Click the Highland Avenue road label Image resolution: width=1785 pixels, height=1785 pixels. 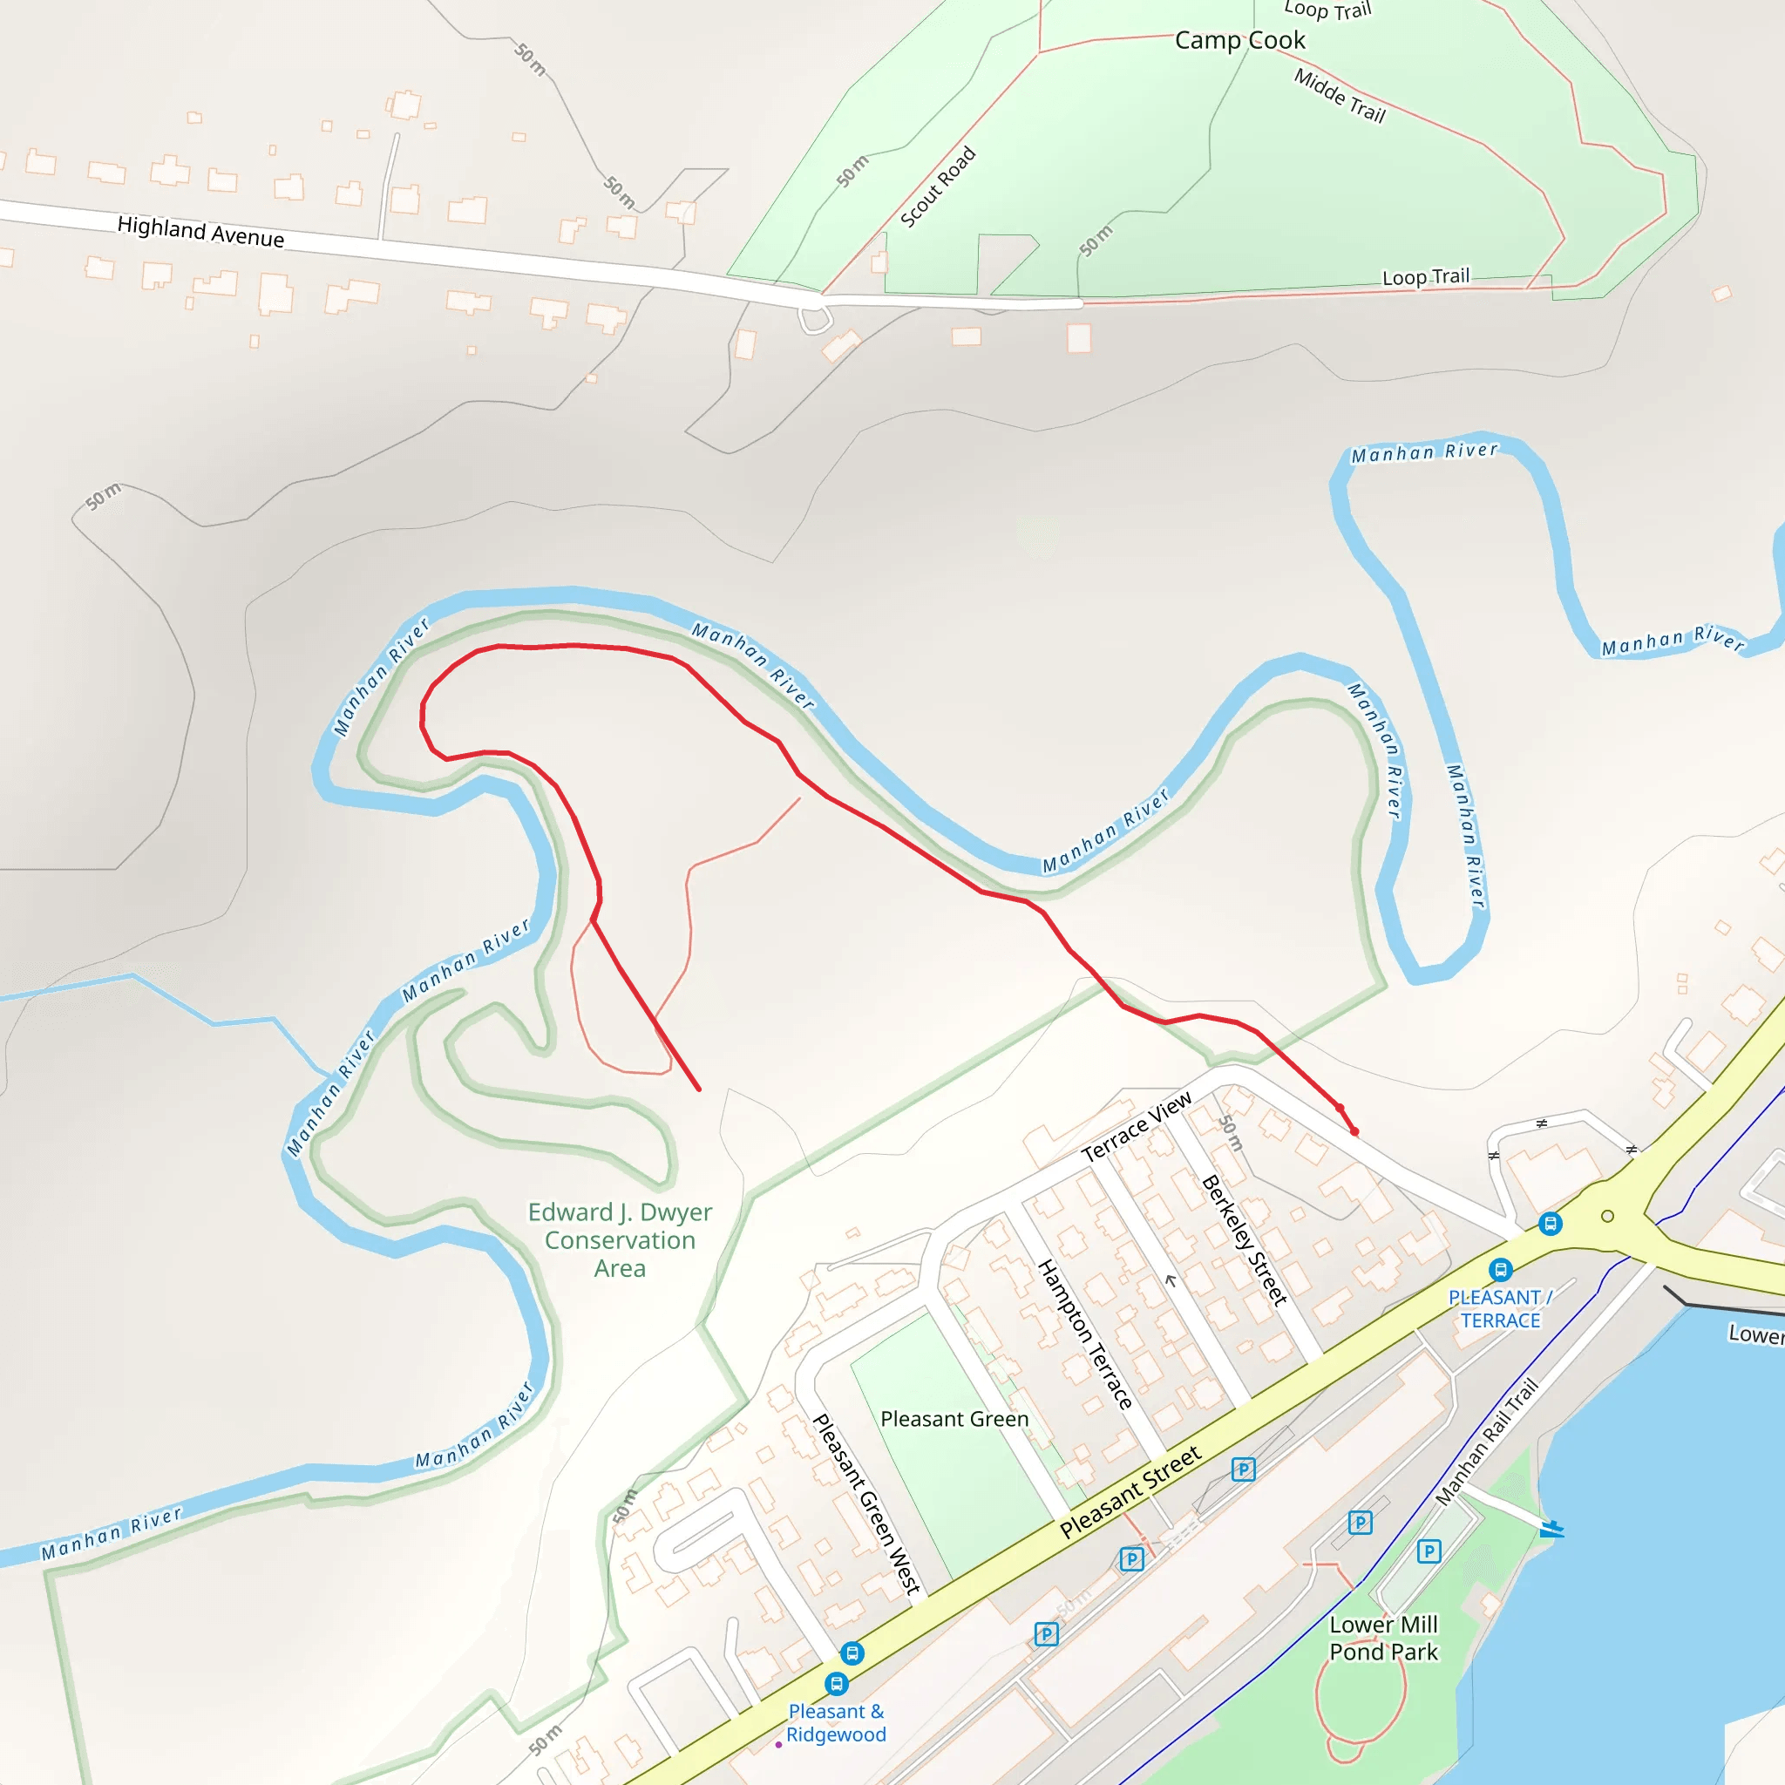click(x=200, y=231)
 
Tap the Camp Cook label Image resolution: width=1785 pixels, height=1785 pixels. click(x=1240, y=41)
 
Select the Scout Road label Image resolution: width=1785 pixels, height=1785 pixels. click(x=938, y=187)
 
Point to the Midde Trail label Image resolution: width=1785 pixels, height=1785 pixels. click(x=1340, y=96)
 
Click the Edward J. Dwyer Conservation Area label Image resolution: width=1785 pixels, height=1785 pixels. click(x=620, y=1240)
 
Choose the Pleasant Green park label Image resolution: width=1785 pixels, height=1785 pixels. click(x=954, y=1419)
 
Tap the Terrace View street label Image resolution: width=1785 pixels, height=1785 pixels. click(x=1137, y=1127)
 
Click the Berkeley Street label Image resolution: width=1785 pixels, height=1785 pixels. click(x=1244, y=1240)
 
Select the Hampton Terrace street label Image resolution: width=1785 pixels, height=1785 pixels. click(x=1086, y=1334)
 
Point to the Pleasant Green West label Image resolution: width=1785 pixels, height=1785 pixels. click(x=866, y=1504)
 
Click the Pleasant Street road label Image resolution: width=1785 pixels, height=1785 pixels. click(x=1130, y=1492)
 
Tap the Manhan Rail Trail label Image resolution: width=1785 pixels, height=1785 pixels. click(x=1487, y=1442)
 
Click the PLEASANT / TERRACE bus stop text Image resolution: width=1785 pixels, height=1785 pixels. click(x=1501, y=1309)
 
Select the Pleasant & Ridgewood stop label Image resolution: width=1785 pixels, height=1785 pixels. click(x=836, y=1723)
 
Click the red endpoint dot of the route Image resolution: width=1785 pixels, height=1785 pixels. click(x=1354, y=1130)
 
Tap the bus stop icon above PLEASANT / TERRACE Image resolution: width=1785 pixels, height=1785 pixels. click(x=1502, y=1269)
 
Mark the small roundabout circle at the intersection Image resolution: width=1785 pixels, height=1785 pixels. click(x=1607, y=1216)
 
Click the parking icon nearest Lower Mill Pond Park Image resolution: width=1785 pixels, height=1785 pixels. click(x=1429, y=1551)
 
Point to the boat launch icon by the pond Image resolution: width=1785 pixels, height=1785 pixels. click(x=1551, y=1529)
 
